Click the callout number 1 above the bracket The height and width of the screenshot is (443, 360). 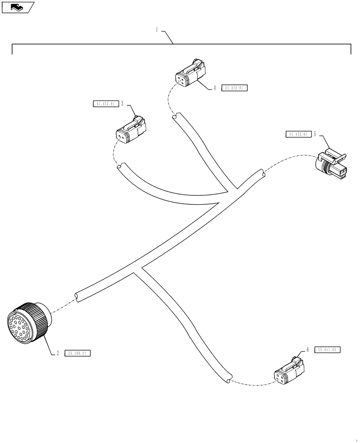157,30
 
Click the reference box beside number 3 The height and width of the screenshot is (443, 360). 105,105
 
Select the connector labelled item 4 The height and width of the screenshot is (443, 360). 190,74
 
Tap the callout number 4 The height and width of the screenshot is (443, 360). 215,88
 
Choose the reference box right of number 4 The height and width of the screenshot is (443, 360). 234,88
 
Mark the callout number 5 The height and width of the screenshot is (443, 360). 314,134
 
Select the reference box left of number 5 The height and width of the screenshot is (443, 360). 297,134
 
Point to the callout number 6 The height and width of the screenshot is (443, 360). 307,350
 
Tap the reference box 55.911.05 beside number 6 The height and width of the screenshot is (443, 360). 328,350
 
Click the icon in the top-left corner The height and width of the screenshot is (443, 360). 17,7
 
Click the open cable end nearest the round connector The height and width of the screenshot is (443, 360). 77,296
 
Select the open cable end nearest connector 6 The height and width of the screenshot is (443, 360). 227,379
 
